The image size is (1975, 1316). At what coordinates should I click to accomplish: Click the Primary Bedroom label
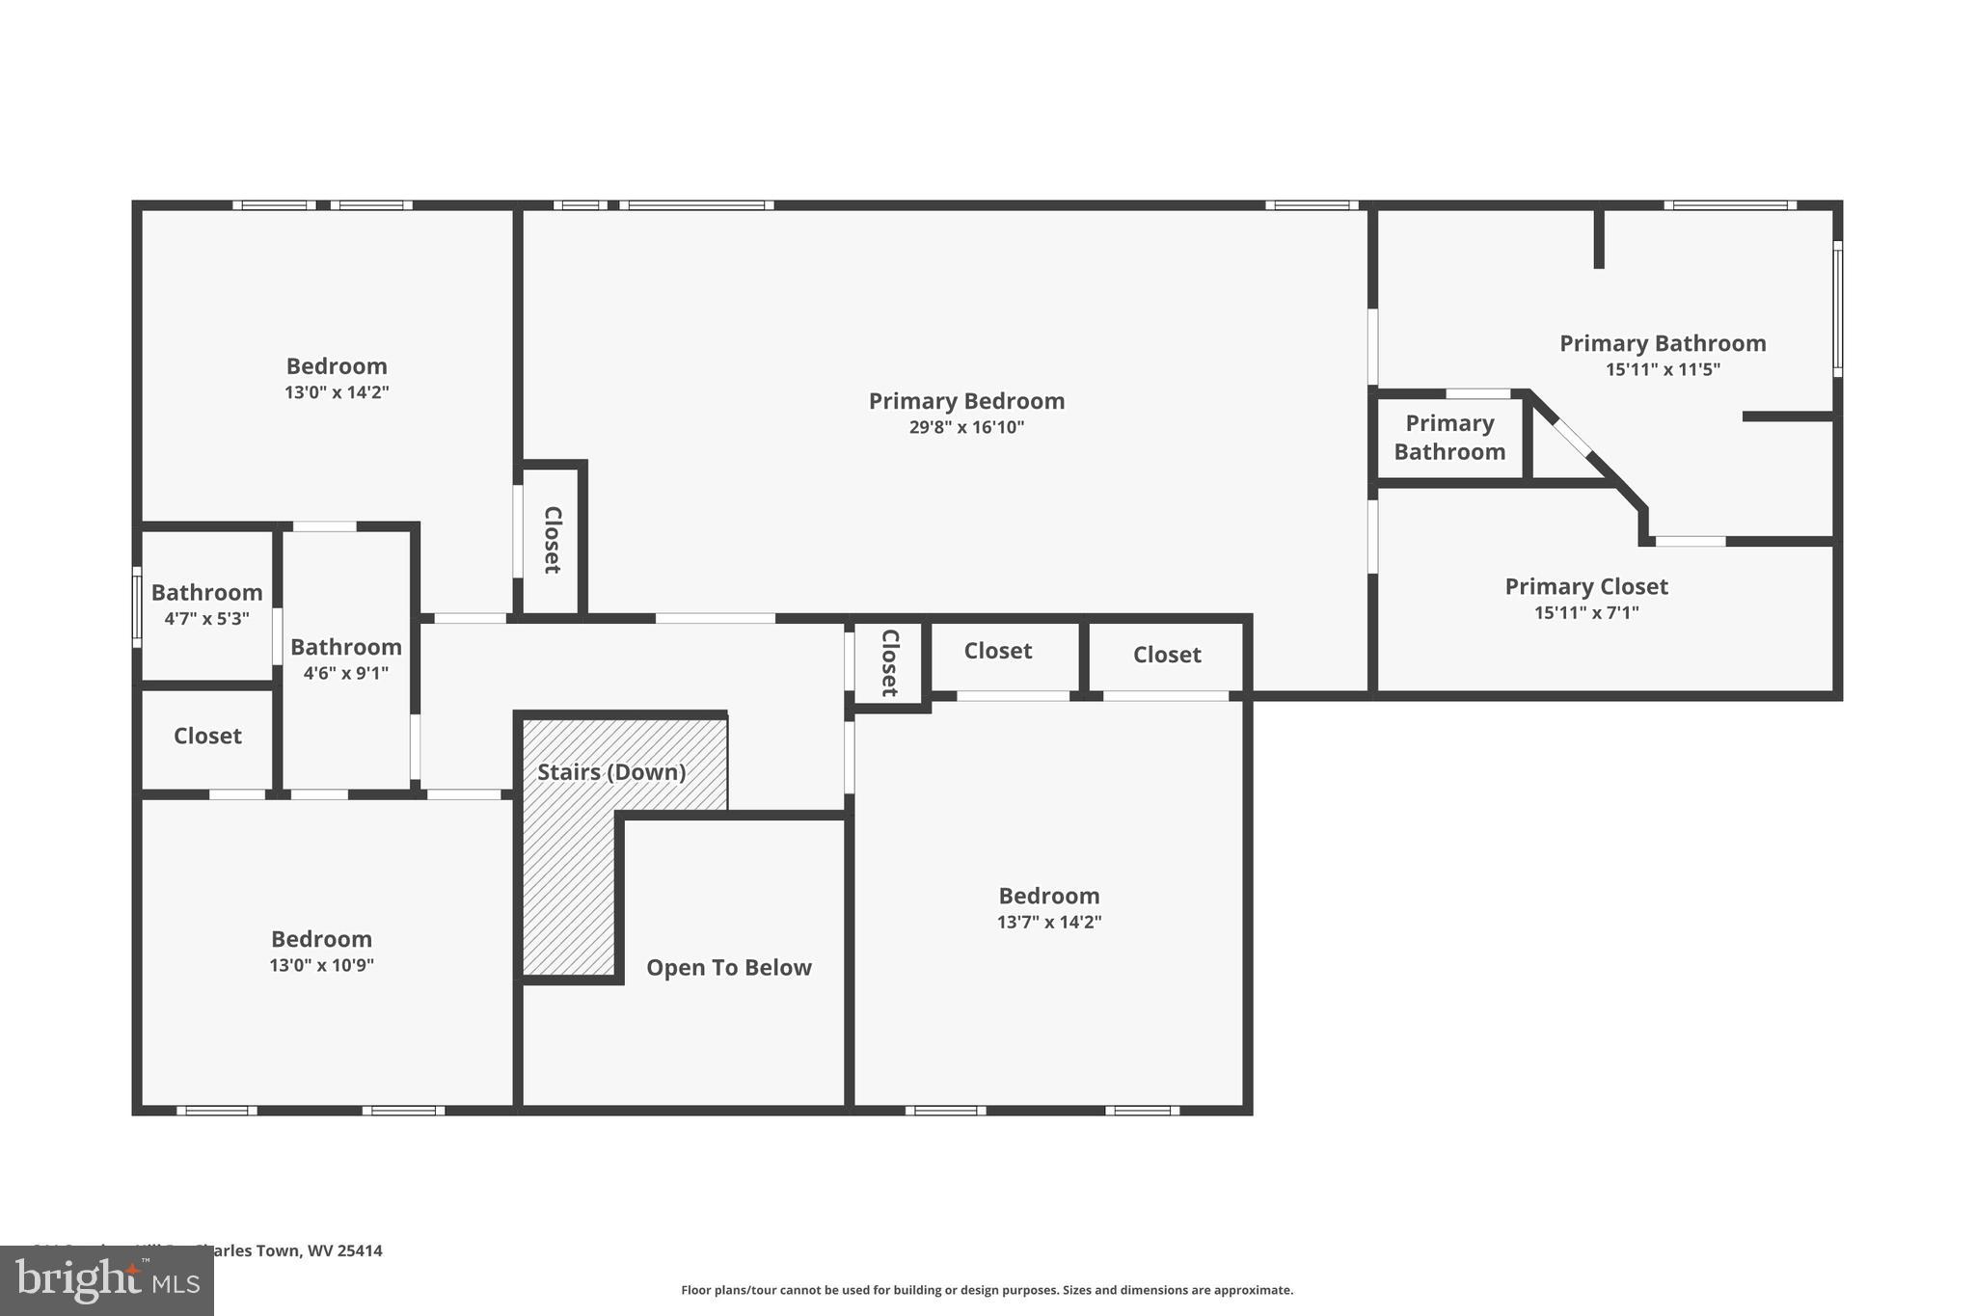coord(966,401)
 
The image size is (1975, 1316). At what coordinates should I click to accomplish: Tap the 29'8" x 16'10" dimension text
coord(966,427)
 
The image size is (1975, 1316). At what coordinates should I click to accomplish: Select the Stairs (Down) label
coord(611,772)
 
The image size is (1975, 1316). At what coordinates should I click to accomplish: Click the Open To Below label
coord(729,968)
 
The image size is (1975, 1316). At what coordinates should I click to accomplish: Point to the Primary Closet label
coord(1586,586)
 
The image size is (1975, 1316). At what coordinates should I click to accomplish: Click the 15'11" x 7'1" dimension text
coord(1586,612)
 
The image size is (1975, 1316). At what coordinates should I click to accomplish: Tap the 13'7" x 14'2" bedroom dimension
coord(1049,922)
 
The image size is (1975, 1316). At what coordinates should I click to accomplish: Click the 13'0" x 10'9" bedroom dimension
coord(321,965)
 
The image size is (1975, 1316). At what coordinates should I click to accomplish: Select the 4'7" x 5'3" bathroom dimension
coord(206,619)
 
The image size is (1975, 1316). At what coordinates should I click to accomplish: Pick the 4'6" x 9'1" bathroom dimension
coord(345,673)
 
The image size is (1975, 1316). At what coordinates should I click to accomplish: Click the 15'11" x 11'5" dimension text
coord(1663,369)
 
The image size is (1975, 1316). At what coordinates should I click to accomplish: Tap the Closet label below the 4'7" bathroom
coord(207,737)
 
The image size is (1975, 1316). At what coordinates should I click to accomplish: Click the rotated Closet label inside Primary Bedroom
coord(553,540)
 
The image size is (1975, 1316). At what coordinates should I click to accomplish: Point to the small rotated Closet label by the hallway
coord(889,662)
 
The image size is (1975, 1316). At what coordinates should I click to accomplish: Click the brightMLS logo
coord(106,1280)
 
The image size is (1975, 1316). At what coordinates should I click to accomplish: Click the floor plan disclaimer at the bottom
coord(987,1290)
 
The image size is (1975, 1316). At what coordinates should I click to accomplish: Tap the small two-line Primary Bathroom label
coord(1449,438)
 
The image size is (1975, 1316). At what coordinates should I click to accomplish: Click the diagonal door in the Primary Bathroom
coord(1572,437)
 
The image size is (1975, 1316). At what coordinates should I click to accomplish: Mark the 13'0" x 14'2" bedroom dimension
coord(337,392)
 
